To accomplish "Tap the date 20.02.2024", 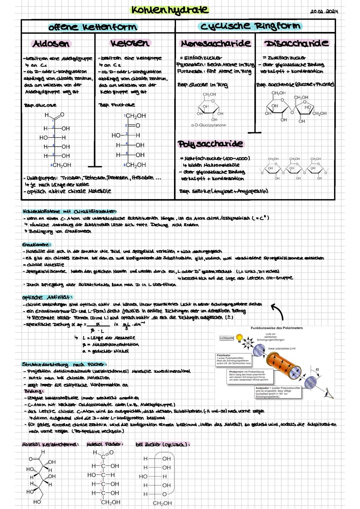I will (324, 12).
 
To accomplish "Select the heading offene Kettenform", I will (92, 27).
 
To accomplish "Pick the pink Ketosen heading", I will (130, 43).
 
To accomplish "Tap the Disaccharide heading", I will (296, 43).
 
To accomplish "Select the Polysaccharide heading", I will (210, 144).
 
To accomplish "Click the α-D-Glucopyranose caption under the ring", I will (208, 125).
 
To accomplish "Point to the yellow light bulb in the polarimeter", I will (239, 338).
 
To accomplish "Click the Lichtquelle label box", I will (226, 338).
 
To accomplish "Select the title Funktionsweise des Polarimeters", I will (276, 328).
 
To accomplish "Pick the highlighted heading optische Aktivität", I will (47, 297).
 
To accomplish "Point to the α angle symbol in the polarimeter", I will (317, 369).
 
